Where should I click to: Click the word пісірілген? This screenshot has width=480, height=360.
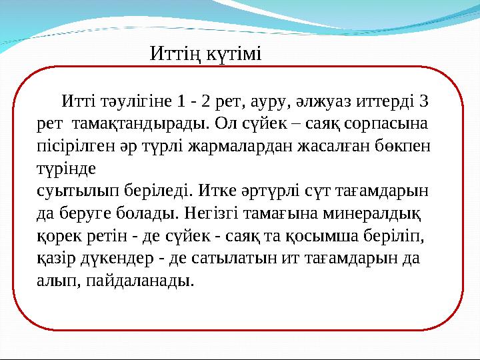tap(69, 145)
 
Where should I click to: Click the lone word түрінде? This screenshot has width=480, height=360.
tap(65, 167)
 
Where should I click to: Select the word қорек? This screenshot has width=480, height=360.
tap(58, 237)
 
